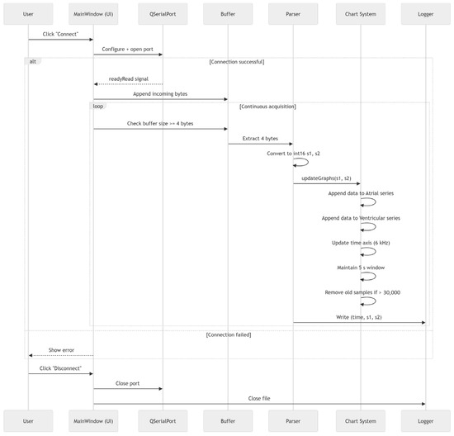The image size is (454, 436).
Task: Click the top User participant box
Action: pyautogui.click(x=28, y=14)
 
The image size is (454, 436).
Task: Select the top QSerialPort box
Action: pyautogui.click(x=163, y=14)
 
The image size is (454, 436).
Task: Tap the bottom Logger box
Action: pyautogui.click(x=426, y=421)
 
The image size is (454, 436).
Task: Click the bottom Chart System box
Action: pyautogui.click(x=361, y=421)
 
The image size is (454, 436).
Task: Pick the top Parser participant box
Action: pyautogui.click(x=293, y=14)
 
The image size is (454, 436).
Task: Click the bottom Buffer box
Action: pyautogui.click(x=228, y=421)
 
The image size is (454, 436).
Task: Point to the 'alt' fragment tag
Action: pyautogui.click(x=33, y=61)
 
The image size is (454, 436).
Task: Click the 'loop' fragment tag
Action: pyautogui.click(x=98, y=106)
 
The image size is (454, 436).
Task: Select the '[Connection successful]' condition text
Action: pyautogui.click(x=237, y=62)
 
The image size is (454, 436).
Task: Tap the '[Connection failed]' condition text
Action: pyautogui.click(x=229, y=334)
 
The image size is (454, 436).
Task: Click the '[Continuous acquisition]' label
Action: pyautogui.click(x=267, y=107)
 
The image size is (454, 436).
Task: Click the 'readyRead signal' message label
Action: pyautogui.click(x=129, y=78)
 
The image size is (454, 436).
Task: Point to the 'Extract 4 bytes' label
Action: pyautogui.click(x=260, y=139)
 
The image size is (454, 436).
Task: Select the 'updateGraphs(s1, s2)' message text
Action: pyautogui.click(x=326, y=178)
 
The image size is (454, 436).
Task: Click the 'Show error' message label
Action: pyautogui.click(x=61, y=350)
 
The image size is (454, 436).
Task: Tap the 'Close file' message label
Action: pyautogui.click(x=259, y=398)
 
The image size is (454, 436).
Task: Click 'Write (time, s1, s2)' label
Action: pyautogui.click(x=359, y=317)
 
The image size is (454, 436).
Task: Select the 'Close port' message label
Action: pyautogui.click(x=127, y=383)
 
